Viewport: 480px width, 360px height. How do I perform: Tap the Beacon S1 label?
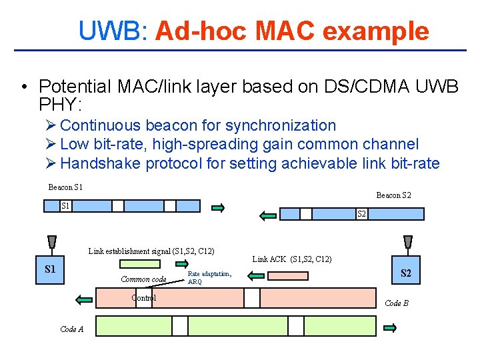click(x=70, y=187)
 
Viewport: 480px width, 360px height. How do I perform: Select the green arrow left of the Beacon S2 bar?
click(x=268, y=215)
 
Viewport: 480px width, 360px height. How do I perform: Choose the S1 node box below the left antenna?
click(x=50, y=269)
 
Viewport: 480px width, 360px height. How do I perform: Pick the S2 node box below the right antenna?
click(x=405, y=273)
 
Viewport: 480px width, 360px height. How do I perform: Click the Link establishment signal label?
click(x=151, y=251)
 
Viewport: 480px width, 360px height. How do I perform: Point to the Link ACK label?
click(x=291, y=259)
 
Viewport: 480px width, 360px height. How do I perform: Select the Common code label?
click(x=143, y=279)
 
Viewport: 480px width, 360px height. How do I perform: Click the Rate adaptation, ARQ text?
click(x=209, y=277)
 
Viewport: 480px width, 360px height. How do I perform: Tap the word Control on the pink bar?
click(x=143, y=298)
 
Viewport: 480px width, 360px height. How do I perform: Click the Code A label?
click(x=71, y=329)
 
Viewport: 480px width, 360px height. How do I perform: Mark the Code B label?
click(x=396, y=303)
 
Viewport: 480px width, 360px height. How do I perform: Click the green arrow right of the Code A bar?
click(x=391, y=327)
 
